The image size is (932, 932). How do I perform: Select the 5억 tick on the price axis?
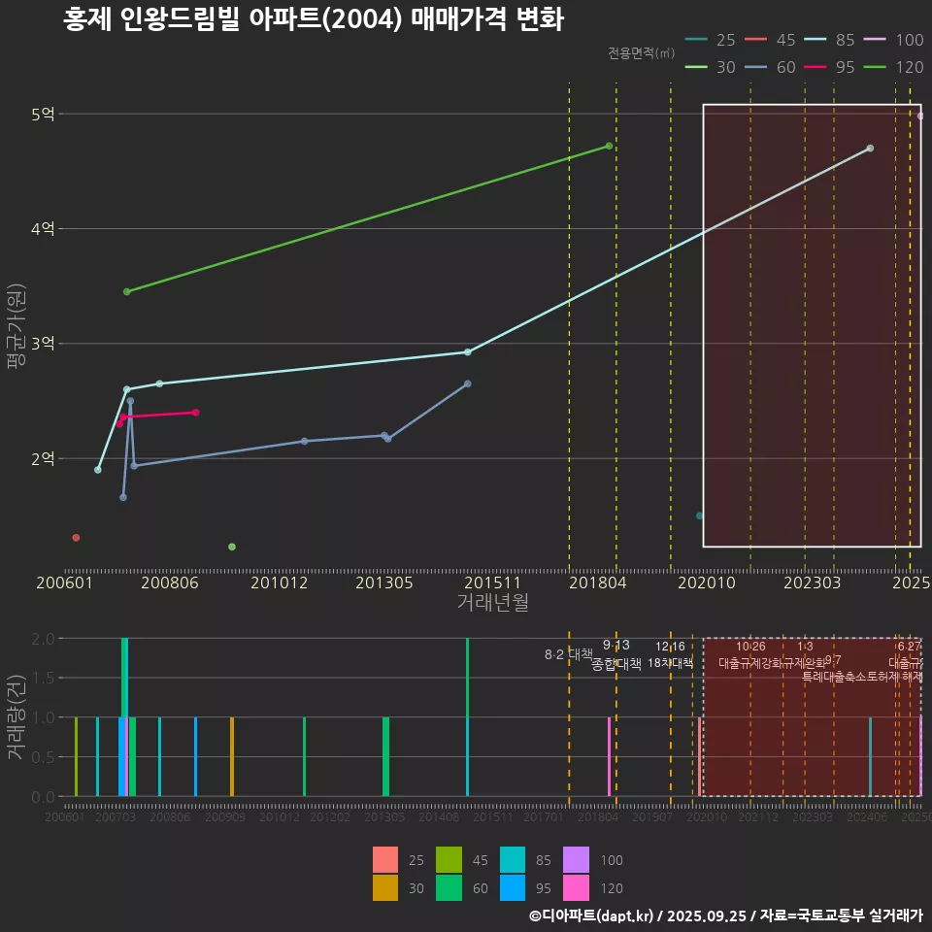click(44, 115)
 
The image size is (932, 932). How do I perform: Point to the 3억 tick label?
click(44, 344)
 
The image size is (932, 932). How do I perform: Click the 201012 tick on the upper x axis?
click(280, 583)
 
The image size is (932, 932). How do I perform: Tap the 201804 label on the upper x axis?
click(597, 583)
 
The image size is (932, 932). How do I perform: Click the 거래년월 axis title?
click(492, 603)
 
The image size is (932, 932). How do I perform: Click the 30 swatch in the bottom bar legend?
click(385, 887)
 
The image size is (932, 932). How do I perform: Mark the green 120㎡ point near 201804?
click(609, 146)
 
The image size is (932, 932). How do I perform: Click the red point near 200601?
click(76, 538)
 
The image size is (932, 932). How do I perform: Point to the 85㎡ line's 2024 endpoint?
click(870, 149)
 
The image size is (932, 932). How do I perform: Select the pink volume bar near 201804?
click(609, 756)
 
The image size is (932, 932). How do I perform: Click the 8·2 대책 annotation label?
click(569, 654)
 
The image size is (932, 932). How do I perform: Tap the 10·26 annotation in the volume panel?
click(750, 647)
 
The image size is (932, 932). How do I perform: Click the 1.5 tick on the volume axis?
click(44, 678)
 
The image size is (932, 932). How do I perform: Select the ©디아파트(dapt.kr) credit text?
click(593, 915)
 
